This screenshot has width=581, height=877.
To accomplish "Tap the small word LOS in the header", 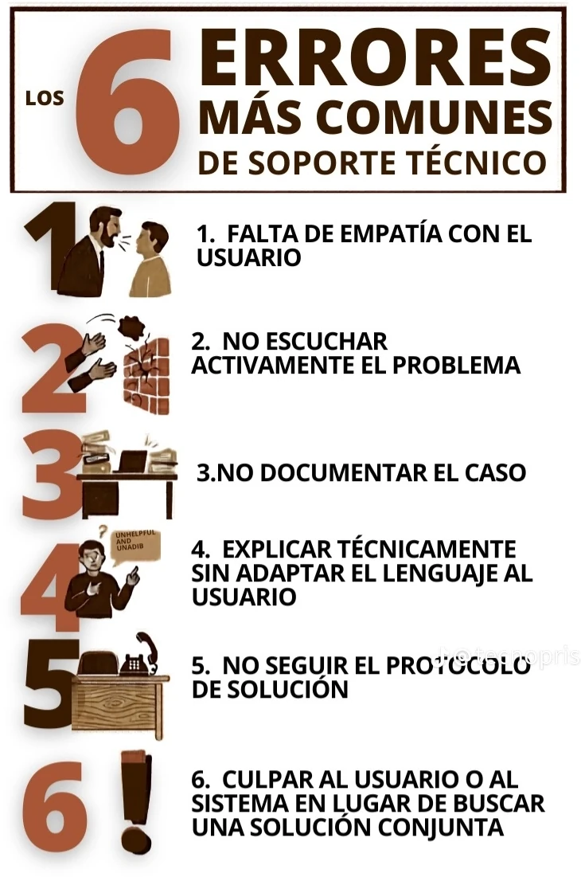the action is [x=45, y=99].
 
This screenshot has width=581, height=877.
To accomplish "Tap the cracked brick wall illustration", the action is [x=145, y=374].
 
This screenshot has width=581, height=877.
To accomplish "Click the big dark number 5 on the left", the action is [x=49, y=690].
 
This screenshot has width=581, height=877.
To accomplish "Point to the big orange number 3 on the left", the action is [x=49, y=476].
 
